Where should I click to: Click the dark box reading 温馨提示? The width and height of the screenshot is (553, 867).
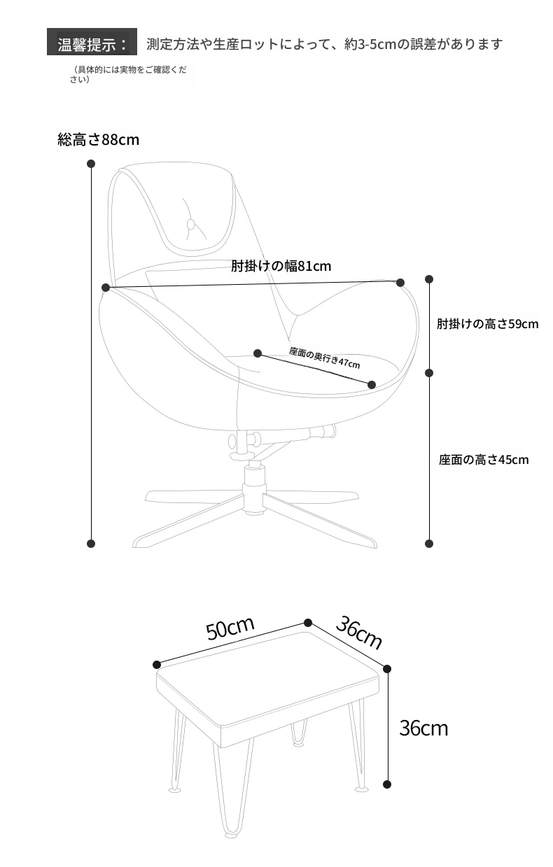(x=92, y=42)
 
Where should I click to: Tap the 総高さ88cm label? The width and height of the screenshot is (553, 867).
(x=98, y=139)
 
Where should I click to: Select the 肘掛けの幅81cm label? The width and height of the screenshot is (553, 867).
(x=281, y=266)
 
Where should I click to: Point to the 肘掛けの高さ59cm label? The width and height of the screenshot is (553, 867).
(x=488, y=323)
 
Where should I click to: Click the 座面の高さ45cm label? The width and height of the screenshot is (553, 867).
(x=484, y=460)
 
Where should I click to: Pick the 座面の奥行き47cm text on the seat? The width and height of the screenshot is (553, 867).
(x=325, y=358)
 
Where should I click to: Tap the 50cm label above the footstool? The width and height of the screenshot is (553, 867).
(x=230, y=628)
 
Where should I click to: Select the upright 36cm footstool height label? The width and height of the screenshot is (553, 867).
(x=423, y=728)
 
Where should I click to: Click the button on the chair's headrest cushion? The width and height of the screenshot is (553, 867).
(x=190, y=224)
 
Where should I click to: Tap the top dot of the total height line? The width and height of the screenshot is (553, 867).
(x=91, y=164)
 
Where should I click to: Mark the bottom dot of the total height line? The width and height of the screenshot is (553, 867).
(x=91, y=544)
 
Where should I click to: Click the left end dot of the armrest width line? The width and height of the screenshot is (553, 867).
(x=106, y=288)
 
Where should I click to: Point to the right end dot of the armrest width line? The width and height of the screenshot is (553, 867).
(x=400, y=283)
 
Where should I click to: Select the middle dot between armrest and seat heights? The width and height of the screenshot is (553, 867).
(x=429, y=373)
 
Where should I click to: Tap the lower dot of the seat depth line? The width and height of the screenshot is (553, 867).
(x=372, y=385)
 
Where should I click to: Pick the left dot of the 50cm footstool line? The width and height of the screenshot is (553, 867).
(x=157, y=665)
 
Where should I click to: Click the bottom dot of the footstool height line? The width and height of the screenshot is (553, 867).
(x=387, y=784)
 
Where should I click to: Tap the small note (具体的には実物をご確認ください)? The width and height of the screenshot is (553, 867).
(x=128, y=74)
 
